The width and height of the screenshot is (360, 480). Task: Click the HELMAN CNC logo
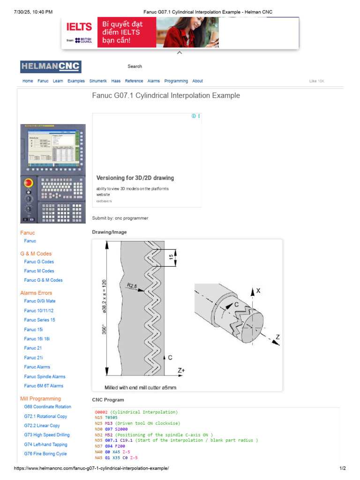pos(51,67)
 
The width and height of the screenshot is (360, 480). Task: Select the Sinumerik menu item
pos(98,81)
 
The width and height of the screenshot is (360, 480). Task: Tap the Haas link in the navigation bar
pos(116,81)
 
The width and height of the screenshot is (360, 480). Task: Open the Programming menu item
pos(176,81)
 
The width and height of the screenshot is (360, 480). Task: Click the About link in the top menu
pos(197,81)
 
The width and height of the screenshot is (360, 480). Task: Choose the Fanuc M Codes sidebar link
pos(39,271)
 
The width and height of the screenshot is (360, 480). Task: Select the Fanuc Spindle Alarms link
pos(45,376)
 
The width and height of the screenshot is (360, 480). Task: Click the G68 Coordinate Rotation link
pos(47,407)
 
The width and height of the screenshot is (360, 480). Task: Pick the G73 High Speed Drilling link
pos(46,435)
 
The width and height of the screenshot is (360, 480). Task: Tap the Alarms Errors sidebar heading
pos(36,293)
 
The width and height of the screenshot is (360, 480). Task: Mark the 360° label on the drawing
pos(104,330)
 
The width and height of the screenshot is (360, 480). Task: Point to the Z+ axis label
pos(181,370)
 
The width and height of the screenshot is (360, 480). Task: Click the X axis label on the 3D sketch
pos(258,291)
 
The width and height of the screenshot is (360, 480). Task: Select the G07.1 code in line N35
pos(112,440)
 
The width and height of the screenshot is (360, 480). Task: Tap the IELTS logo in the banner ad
pos(79,27)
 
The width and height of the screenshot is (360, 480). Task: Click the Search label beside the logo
pos(135,67)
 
